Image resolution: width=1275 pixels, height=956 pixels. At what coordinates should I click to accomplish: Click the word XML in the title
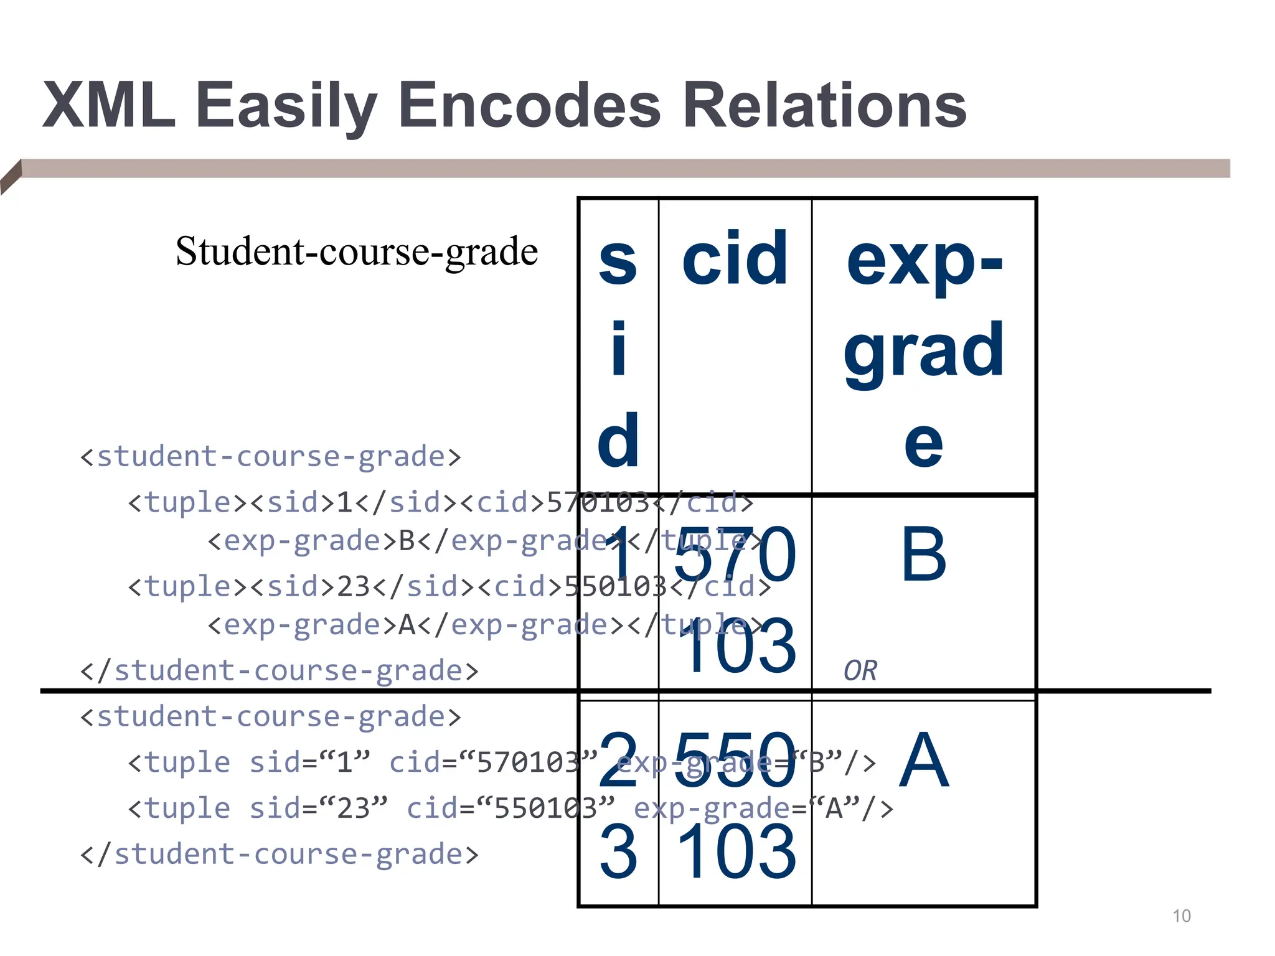(x=109, y=106)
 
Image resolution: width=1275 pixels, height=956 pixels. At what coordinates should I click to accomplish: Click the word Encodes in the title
(x=529, y=106)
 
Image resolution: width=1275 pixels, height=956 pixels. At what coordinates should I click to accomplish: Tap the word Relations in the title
(x=824, y=106)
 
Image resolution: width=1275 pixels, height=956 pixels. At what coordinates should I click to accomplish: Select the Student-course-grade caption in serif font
(x=357, y=251)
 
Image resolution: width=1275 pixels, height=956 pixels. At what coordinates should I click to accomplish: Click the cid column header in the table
(x=735, y=258)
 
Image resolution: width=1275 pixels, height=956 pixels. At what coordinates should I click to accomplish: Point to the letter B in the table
(x=924, y=553)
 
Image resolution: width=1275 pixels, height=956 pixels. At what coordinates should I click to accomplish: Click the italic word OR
(x=860, y=671)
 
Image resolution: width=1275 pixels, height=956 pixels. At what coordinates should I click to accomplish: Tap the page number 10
(x=1181, y=916)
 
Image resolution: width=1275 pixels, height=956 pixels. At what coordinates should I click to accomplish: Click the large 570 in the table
(x=735, y=553)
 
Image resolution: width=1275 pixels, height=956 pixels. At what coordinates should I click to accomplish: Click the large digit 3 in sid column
(x=618, y=851)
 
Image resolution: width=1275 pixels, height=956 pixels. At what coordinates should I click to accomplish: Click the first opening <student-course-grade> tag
(x=271, y=457)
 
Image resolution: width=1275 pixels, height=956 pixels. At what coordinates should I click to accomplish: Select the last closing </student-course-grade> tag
(x=280, y=854)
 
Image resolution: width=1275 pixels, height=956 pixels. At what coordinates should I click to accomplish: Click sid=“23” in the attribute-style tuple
(x=318, y=808)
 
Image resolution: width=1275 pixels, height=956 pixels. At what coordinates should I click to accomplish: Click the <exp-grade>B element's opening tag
(x=303, y=541)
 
